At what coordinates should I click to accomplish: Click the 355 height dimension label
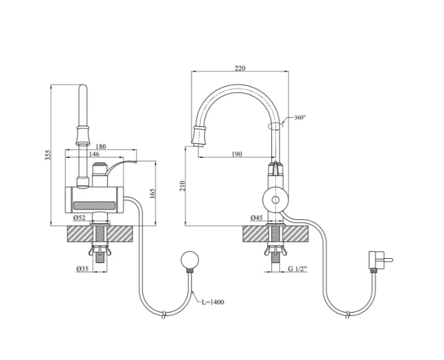coord(49,155)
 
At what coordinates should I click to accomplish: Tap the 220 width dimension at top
coord(240,68)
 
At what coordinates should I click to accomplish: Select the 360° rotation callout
coord(300,118)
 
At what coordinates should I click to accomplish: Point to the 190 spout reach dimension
coord(237,154)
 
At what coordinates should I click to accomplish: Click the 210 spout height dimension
coord(182,186)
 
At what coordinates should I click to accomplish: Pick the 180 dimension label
coord(101,147)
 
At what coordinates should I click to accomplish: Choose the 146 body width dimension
coord(94,154)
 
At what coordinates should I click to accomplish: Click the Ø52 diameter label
coord(79,217)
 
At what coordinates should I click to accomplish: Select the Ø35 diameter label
coord(83,268)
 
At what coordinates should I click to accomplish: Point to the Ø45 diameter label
coord(257,217)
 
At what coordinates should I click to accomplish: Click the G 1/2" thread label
coord(298,268)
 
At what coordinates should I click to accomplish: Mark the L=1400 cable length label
coord(213,302)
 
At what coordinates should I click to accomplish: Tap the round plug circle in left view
coord(190,260)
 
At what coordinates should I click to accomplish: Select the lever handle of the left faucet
coord(120,167)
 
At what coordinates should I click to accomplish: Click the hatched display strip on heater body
coord(95,205)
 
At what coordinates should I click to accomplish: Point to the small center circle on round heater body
coord(275,200)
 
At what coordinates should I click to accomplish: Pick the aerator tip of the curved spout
coord(199,137)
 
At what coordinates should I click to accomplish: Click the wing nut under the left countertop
coord(100,250)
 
